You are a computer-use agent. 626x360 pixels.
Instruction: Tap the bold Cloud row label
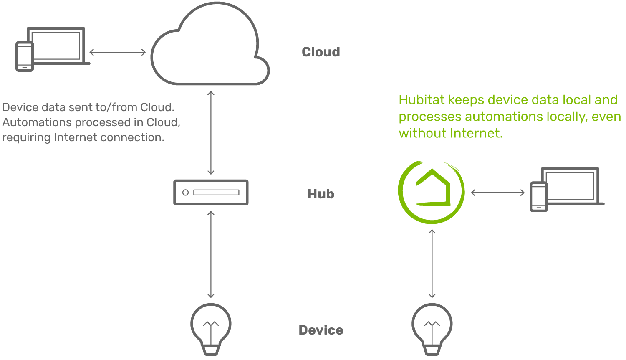point(321,52)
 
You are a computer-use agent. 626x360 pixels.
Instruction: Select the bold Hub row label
point(321,194)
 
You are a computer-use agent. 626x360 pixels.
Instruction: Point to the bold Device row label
point(321,330)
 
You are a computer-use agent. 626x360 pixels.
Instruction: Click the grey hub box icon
point(211,193)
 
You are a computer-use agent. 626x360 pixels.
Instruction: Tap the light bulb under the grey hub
point(211,328)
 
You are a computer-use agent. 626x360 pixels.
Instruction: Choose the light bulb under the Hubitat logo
point(432,328)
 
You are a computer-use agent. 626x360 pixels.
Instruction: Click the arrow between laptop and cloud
point(118,52)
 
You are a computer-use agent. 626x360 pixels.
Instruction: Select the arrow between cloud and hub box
point(211,132)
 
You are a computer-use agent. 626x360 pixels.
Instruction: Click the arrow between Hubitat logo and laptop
point(497,193)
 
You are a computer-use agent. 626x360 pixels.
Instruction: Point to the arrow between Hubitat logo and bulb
point(432,263)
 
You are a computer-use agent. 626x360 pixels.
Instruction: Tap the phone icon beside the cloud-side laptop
point(25,56)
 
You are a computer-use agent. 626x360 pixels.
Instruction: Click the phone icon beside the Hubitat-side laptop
point(539,197)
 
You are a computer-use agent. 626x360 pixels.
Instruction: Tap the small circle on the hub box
point(186,193)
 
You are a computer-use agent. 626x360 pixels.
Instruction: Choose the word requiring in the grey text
point(26,137)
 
